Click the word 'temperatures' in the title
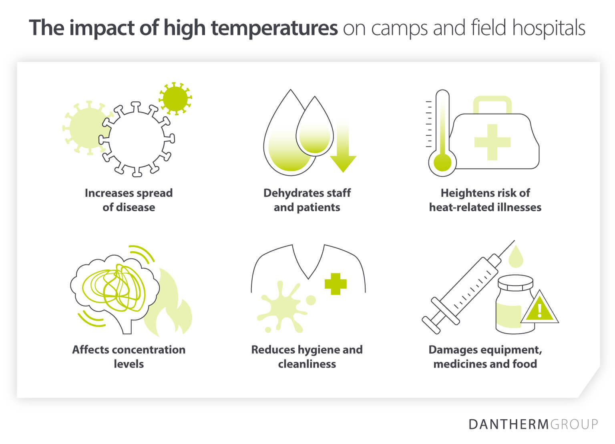274,28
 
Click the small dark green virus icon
175,98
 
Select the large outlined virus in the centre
136,139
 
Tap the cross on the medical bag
492,142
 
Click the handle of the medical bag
492,103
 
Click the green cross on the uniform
335,284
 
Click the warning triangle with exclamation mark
539,309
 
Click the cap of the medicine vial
515,284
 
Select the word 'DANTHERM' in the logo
508,424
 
